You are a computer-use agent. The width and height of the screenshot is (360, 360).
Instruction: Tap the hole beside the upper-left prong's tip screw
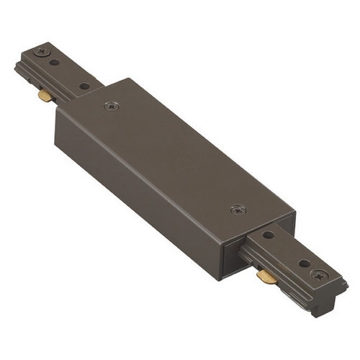(x=55, y=63)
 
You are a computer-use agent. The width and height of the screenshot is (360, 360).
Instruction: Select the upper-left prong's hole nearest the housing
(x=84, y=86)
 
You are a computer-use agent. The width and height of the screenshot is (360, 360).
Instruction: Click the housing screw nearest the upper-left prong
(x=112, y=106)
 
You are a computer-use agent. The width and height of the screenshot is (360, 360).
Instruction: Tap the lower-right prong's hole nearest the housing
(x=268, y=235)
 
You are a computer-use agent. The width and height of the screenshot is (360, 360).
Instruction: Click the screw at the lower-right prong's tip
(x=318, y=274)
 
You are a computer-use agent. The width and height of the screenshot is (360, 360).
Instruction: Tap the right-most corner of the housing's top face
(x=295, y=215)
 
